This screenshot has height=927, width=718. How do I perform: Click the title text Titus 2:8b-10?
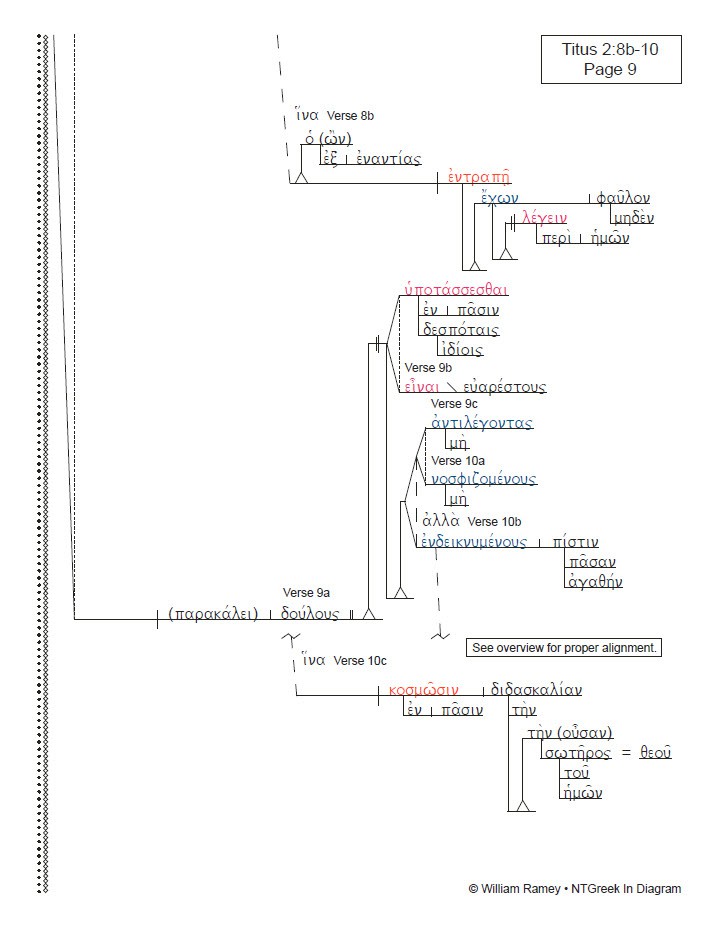pyautogui.click(x=610, y=50)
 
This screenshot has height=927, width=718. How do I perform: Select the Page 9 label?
pyautogui.click(x=610, y=69)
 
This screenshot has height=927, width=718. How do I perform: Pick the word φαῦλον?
pyautogui.click(x=623, y=198)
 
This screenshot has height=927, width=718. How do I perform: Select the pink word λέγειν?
pyautogui.click(x=545, y=218)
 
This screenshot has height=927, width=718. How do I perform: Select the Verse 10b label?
pyautogui.click(x=494, y=521)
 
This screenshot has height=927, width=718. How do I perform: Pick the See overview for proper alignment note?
pyautogui.click(x=565, y=648)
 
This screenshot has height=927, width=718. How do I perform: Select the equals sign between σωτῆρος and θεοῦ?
pyautogui.click(x=624, y=751)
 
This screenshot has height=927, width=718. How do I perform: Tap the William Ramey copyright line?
pyautogui.click(x=574, y=888)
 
